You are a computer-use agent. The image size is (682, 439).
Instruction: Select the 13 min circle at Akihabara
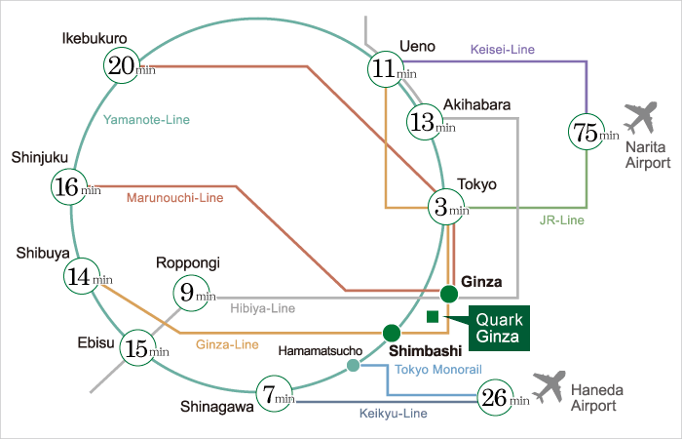pos(428,124)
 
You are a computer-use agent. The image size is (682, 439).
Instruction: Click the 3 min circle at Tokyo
pos(448,207)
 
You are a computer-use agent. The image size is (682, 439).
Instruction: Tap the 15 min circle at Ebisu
pos(142,346)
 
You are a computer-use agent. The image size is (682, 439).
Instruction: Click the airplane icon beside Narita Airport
pos(640,119)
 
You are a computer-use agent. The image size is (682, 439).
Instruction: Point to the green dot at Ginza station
pos(448,293)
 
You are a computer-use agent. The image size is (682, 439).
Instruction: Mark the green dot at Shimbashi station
pos(392,332)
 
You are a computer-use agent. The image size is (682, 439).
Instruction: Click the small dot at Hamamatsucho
pos(354,366)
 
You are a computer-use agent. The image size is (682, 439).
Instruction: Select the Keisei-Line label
pos(502,48)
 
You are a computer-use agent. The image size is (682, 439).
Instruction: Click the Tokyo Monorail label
pos(438,370)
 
